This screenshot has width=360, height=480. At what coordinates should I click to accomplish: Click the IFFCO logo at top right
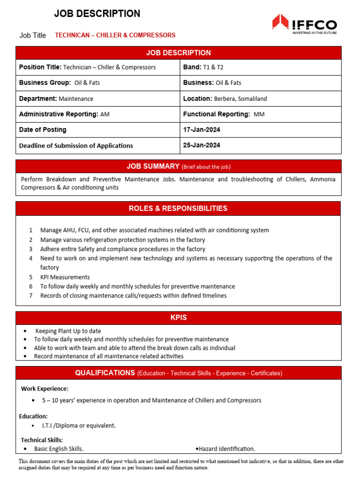click(x=304, y=24)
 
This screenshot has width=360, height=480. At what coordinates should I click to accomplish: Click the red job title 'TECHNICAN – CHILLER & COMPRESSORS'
click(x=115, y=35)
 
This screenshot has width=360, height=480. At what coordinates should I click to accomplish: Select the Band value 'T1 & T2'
click(x=213, y=67)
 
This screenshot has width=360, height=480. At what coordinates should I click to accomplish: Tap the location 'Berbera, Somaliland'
click(x=240, y=99)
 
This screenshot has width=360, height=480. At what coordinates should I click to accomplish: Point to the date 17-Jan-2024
click(x=202, y=130)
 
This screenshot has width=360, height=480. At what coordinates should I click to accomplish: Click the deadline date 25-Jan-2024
click(x=202, y=145)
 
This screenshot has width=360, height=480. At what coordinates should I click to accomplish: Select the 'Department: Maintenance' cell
click(x=56, y=99)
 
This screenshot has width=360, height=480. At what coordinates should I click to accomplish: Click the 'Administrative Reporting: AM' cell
click(x=64, y=114)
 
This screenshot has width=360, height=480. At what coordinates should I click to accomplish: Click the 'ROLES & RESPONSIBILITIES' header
click(x=178, y=209)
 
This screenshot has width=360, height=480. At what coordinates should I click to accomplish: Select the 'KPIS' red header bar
click(x=178, y=318)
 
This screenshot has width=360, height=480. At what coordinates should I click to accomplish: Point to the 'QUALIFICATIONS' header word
click(x=105, y=373)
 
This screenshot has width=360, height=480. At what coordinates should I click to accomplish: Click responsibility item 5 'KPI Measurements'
click(x=65, y=277)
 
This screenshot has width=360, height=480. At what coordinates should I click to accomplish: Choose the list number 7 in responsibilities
click(x=30, y=296)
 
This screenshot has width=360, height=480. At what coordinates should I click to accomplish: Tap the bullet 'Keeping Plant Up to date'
click(x=68, y=331)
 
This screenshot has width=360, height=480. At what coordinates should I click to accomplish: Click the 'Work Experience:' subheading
click(x=45, y=389)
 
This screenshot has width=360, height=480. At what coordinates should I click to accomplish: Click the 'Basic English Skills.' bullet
click(x=59, y=449)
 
